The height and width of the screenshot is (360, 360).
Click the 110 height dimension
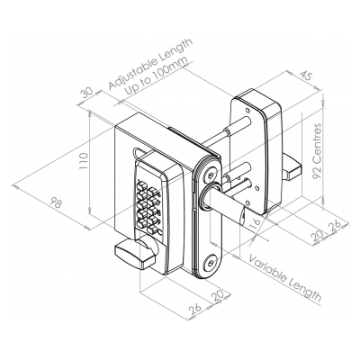point(84,161)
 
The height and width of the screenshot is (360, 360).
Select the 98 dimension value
point(56,203)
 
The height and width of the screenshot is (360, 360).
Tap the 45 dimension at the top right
point(305,76)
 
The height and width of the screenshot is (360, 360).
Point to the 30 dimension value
point(87,94)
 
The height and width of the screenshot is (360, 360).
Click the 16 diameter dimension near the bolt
point(256,223)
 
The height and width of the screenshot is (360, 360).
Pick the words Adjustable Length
point(150,64)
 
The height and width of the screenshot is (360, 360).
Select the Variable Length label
point(285,278)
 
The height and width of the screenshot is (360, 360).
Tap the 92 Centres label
point(317,151)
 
